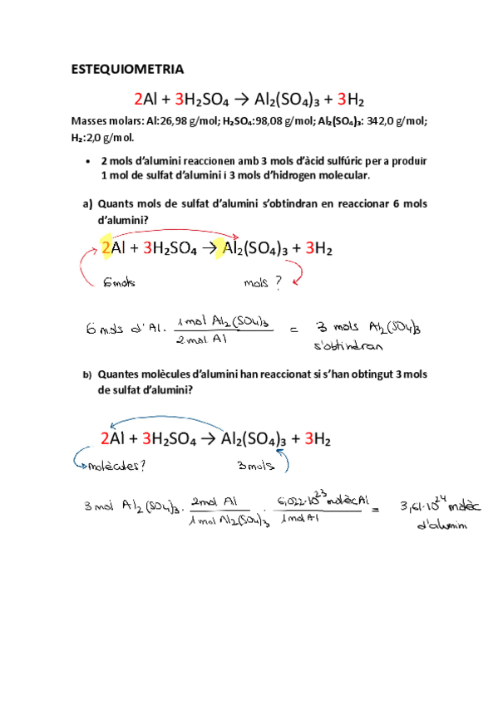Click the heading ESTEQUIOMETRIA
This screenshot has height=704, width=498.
coord(129,69)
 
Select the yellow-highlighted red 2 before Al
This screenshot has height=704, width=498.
coord(106,247)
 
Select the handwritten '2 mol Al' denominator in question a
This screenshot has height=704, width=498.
coord(201,339)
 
